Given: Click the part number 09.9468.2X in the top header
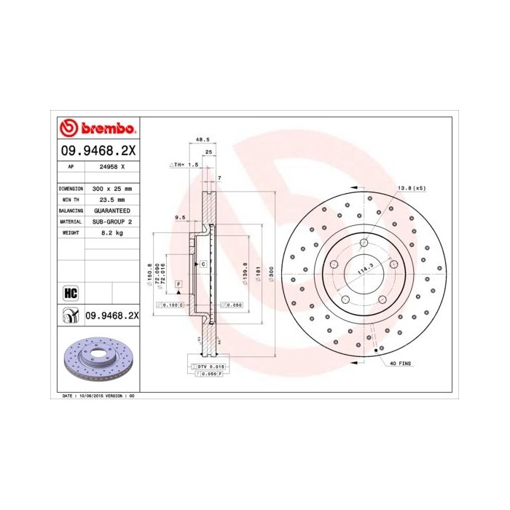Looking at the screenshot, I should pyautogui.click(x=97, y=150).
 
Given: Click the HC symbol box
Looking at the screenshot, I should pyautogui.click(x=71, y=293).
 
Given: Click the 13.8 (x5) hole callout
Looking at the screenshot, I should pyautogui.click(x=411, y=188).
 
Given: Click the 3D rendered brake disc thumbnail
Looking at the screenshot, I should pyautogui.click(x=97, y=359).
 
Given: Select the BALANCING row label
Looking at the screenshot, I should pyautogui.click(x=70, y=210).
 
